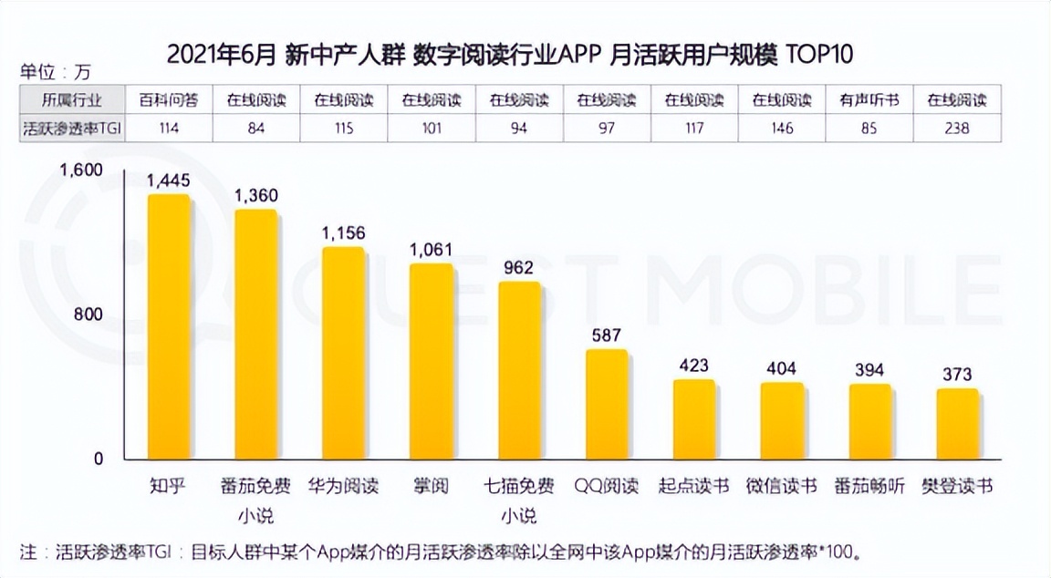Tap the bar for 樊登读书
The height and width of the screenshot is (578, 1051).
(957, 425)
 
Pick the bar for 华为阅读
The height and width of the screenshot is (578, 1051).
(344, 354)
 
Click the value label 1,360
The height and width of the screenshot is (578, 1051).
(256, 196)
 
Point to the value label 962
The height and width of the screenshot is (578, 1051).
(519, 268)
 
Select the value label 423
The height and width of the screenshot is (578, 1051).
(694, 366)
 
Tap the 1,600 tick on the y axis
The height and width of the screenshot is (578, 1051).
(83, 170)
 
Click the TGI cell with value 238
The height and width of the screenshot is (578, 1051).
(957, 129)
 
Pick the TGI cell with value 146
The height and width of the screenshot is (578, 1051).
(781, 129)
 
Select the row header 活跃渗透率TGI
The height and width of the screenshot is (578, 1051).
(72, 129)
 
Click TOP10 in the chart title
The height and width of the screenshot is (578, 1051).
(819, 55)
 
